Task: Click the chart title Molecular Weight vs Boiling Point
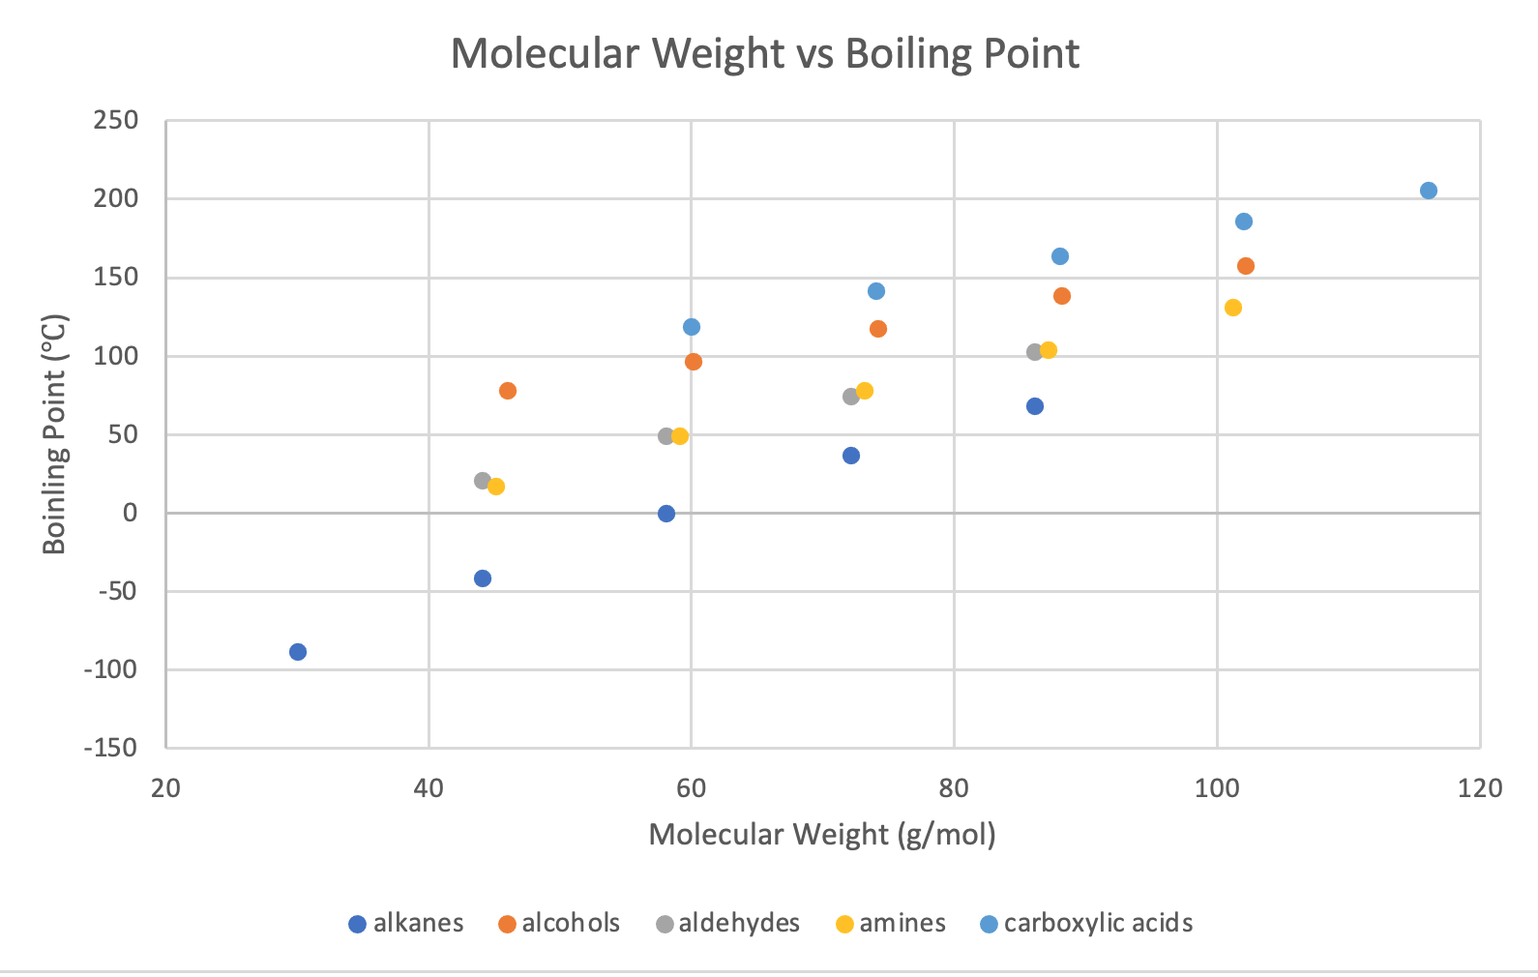tap(764, 53)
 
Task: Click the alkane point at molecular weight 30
tap(298, 652)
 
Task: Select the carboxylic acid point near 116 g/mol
tap(1428, 191)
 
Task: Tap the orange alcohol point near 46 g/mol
tap(508, 391)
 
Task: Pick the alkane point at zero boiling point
tap(666, 514)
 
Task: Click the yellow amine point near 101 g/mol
tap(1232, 308)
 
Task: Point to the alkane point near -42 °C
tap(483, 578)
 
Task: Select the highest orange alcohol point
tap(1246, 266)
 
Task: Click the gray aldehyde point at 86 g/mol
tap(1034, 352)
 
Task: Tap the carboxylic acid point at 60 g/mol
tap(692, 327)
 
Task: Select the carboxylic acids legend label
tap(1098, 924)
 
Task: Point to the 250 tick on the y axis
tap(116, 121)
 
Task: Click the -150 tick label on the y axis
tap(110, 748)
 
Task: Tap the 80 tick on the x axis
tap(954, 788)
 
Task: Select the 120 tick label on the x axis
tap(1480, 788)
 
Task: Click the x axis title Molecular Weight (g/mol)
tap(822, 834)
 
